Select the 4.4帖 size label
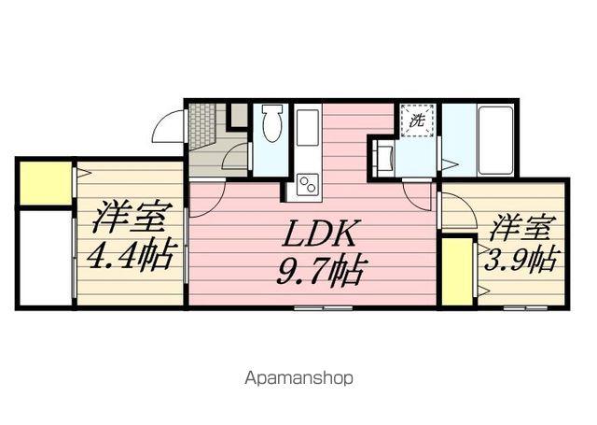click(x=130, y=254)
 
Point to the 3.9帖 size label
click(x=519, y=260)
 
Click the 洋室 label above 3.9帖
click(x=518, y=226)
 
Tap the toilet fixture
click(x=271, y=126)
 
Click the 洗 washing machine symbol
click(x=417, y=120)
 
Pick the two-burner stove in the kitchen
click(x=308, y=180)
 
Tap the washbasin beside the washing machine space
click(x=382, y=156)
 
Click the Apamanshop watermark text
click(x=298, y=379)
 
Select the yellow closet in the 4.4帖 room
click(x=44, y=183)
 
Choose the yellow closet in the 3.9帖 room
click(x=457, y=271)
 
